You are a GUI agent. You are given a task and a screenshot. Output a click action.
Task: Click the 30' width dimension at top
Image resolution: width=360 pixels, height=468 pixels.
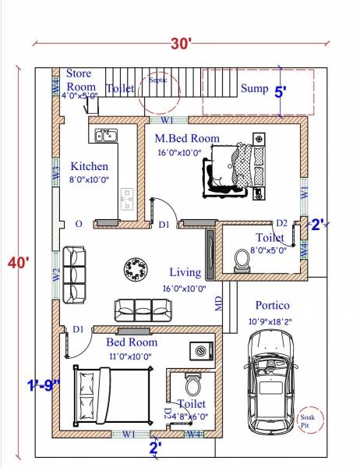[182, 44]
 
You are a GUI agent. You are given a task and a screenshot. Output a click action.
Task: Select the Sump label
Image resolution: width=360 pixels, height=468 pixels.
[254, 88]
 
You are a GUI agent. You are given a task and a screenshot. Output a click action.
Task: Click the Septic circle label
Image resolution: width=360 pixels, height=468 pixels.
[157, 80]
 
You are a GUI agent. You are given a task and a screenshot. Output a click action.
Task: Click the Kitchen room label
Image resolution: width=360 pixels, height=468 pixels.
[90, 166]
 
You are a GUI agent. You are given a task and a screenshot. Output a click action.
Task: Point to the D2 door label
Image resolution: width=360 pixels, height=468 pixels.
[282, 223]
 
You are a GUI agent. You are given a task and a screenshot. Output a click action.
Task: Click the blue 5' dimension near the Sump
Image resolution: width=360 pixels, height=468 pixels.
[280, 92]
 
